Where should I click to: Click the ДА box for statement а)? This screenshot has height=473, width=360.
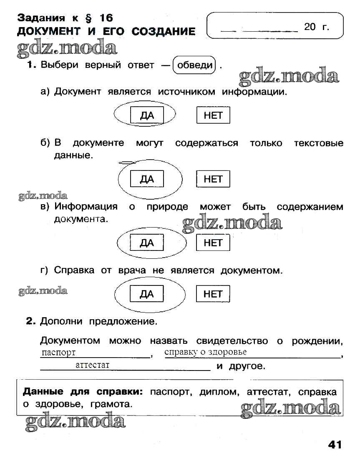[147, 115]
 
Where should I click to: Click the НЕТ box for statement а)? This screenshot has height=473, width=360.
[213, 115]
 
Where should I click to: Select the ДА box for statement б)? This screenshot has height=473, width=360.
[147, 179]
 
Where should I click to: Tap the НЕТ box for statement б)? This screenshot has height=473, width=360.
[213, 179]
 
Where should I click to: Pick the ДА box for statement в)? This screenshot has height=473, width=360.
[147, 243]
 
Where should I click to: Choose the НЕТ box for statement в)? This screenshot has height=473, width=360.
[213, 243]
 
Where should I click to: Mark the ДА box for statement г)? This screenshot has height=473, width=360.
[147, 294]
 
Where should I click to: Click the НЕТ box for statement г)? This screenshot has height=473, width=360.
[213, 294]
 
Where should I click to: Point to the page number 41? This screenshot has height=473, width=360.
[335, 444]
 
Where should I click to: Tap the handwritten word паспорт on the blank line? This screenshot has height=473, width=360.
[59, 353]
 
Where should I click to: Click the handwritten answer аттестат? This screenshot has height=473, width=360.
[93, 365]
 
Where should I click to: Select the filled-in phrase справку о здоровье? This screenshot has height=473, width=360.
[206, 352]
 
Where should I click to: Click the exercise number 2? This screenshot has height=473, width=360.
[29, 321]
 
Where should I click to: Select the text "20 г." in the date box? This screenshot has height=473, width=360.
[317, 27]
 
